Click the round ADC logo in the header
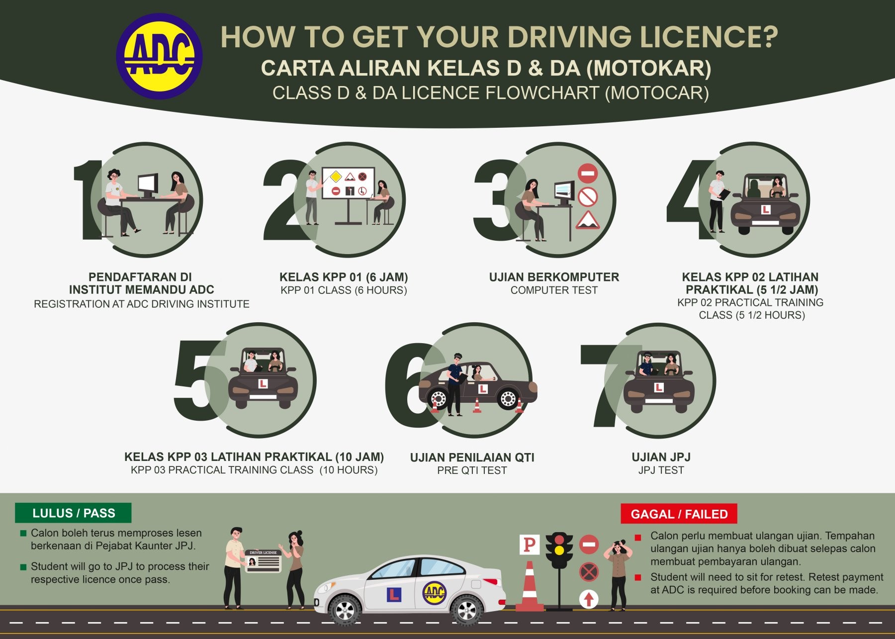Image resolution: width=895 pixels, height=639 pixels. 159,56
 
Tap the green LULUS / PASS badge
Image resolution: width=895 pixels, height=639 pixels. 73,513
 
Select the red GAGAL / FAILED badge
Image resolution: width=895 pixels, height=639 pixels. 679,514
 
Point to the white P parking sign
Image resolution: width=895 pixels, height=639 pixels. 529,545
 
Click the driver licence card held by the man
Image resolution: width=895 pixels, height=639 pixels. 264,560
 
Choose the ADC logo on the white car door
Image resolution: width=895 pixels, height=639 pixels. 434,592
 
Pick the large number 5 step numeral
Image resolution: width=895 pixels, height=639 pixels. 199,373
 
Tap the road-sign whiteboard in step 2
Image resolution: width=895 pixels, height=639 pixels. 348,183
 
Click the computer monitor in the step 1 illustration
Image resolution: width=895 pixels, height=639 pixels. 148,185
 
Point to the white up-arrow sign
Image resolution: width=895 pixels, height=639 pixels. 589,599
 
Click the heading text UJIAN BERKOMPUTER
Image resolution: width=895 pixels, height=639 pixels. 554,277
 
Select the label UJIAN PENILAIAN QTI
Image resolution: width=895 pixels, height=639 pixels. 472,457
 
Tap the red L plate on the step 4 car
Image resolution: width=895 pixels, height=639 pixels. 766,210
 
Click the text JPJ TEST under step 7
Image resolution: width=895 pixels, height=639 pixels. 661,470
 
